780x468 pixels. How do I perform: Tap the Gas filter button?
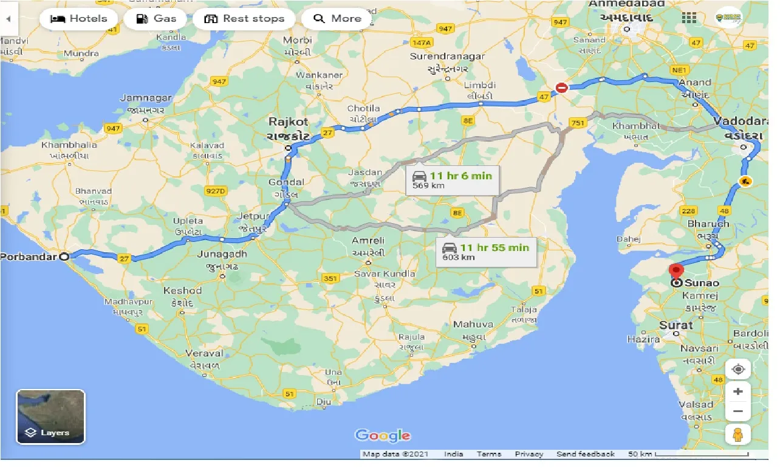pos(156,19)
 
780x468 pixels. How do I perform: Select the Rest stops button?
pos(244,19)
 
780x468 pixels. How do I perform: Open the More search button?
pos(337,19)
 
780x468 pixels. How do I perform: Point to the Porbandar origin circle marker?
pos(64,256)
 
